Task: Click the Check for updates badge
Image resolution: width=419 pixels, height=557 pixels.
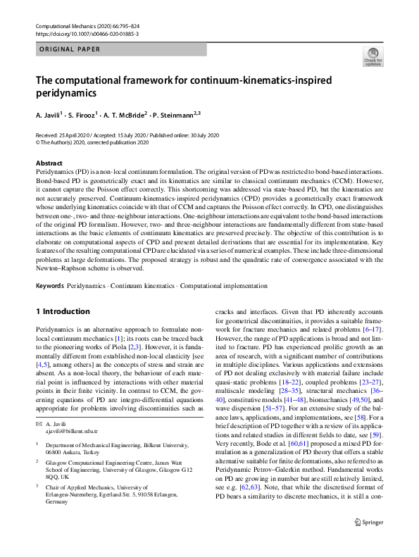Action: click(373, 57)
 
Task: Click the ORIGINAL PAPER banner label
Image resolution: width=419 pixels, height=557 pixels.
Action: click(69, 49)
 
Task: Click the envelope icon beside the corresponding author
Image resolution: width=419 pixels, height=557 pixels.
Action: click(39, 406)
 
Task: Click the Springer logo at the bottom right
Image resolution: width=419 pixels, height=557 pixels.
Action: click(368, 542)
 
